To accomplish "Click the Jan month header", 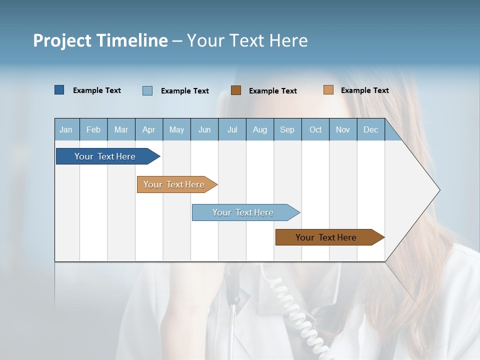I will pos(66,129).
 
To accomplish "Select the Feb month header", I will pos(93,129).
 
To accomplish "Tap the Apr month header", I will pos(149,129).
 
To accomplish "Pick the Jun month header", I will pos(204,129).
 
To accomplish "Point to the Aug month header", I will pos(260,129).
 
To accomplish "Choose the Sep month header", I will pos(287,129).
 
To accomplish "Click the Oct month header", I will pos(315,129).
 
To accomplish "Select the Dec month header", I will pos(371,129).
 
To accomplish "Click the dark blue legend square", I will pos(59,90).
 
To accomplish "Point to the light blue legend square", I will pos(147,90).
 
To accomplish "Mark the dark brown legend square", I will pos(236,90).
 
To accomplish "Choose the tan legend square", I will pos(328,90).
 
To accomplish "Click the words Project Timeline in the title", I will pos(100,40).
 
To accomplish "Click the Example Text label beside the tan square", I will pos(364,90).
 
